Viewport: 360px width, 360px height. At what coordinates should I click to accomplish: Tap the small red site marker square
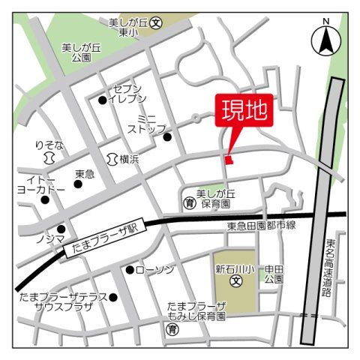tap(229, 158)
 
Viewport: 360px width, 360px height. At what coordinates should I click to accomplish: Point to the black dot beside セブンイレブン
tap(103, 99)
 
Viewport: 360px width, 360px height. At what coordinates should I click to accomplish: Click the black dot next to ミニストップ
tap(167, 136)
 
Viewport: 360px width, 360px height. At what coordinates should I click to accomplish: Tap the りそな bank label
tap(49, 143)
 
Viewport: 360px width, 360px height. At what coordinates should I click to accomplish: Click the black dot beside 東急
tap(78, 184)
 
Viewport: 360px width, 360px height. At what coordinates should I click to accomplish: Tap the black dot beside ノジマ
tap(61, 229)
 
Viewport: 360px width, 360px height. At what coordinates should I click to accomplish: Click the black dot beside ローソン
tap(130, 269)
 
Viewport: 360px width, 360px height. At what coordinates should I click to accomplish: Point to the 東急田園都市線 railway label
tap(262, 226)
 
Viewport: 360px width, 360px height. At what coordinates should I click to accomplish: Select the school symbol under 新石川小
tap(235, 283)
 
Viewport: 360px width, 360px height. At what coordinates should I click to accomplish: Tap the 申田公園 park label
tap(273, 274)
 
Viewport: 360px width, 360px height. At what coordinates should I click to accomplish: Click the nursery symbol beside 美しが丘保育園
tap(189, 202)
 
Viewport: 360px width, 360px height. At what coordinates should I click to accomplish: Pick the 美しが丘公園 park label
tap(76, 52)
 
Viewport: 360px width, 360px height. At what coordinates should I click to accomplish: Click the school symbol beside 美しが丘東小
tap(155, 23)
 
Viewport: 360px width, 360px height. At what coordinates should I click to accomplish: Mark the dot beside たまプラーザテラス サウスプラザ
tap(113, 297)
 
